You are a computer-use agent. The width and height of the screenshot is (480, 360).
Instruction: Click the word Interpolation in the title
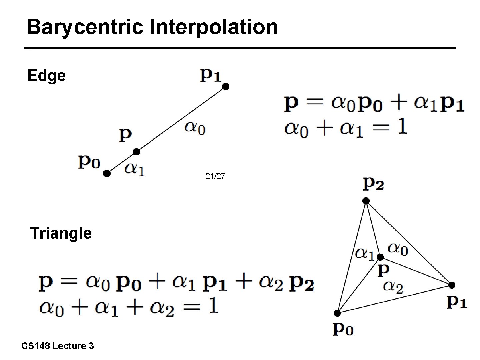pos(213,27)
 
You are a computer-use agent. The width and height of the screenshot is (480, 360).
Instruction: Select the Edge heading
pos(46,76)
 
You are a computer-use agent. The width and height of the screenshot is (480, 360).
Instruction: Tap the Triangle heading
pos(61,233)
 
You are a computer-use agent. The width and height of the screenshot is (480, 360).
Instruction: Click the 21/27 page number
pos(215,176)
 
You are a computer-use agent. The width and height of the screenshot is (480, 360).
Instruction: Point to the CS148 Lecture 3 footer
pos(57,346)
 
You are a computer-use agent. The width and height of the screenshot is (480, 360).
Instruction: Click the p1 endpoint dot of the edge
pos(226,87)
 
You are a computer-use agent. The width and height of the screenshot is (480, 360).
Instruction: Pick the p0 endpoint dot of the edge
pos(107,173)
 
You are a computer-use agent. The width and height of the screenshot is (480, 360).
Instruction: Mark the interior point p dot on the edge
pos(136,152)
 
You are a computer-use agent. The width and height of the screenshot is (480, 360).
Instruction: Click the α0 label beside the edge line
pos(195,128)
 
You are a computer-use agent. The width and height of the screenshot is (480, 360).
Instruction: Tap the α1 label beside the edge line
pos(134,170)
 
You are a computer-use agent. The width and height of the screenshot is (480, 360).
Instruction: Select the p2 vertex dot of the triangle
pos(366,201)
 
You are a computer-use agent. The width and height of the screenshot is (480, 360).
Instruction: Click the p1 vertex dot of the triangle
pos(452,285)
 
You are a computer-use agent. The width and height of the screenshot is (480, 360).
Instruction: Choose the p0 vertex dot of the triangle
pos(337,313)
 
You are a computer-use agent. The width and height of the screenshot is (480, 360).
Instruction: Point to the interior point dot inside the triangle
pos(380,257)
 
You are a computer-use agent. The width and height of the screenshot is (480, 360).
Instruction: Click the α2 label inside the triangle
pos(393,287)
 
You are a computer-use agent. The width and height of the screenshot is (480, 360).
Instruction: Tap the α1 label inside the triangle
pos(365,254)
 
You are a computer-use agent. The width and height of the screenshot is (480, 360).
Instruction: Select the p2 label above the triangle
pos(373,184)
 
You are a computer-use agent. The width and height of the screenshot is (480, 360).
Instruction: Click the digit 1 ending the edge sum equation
pos(402,127)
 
